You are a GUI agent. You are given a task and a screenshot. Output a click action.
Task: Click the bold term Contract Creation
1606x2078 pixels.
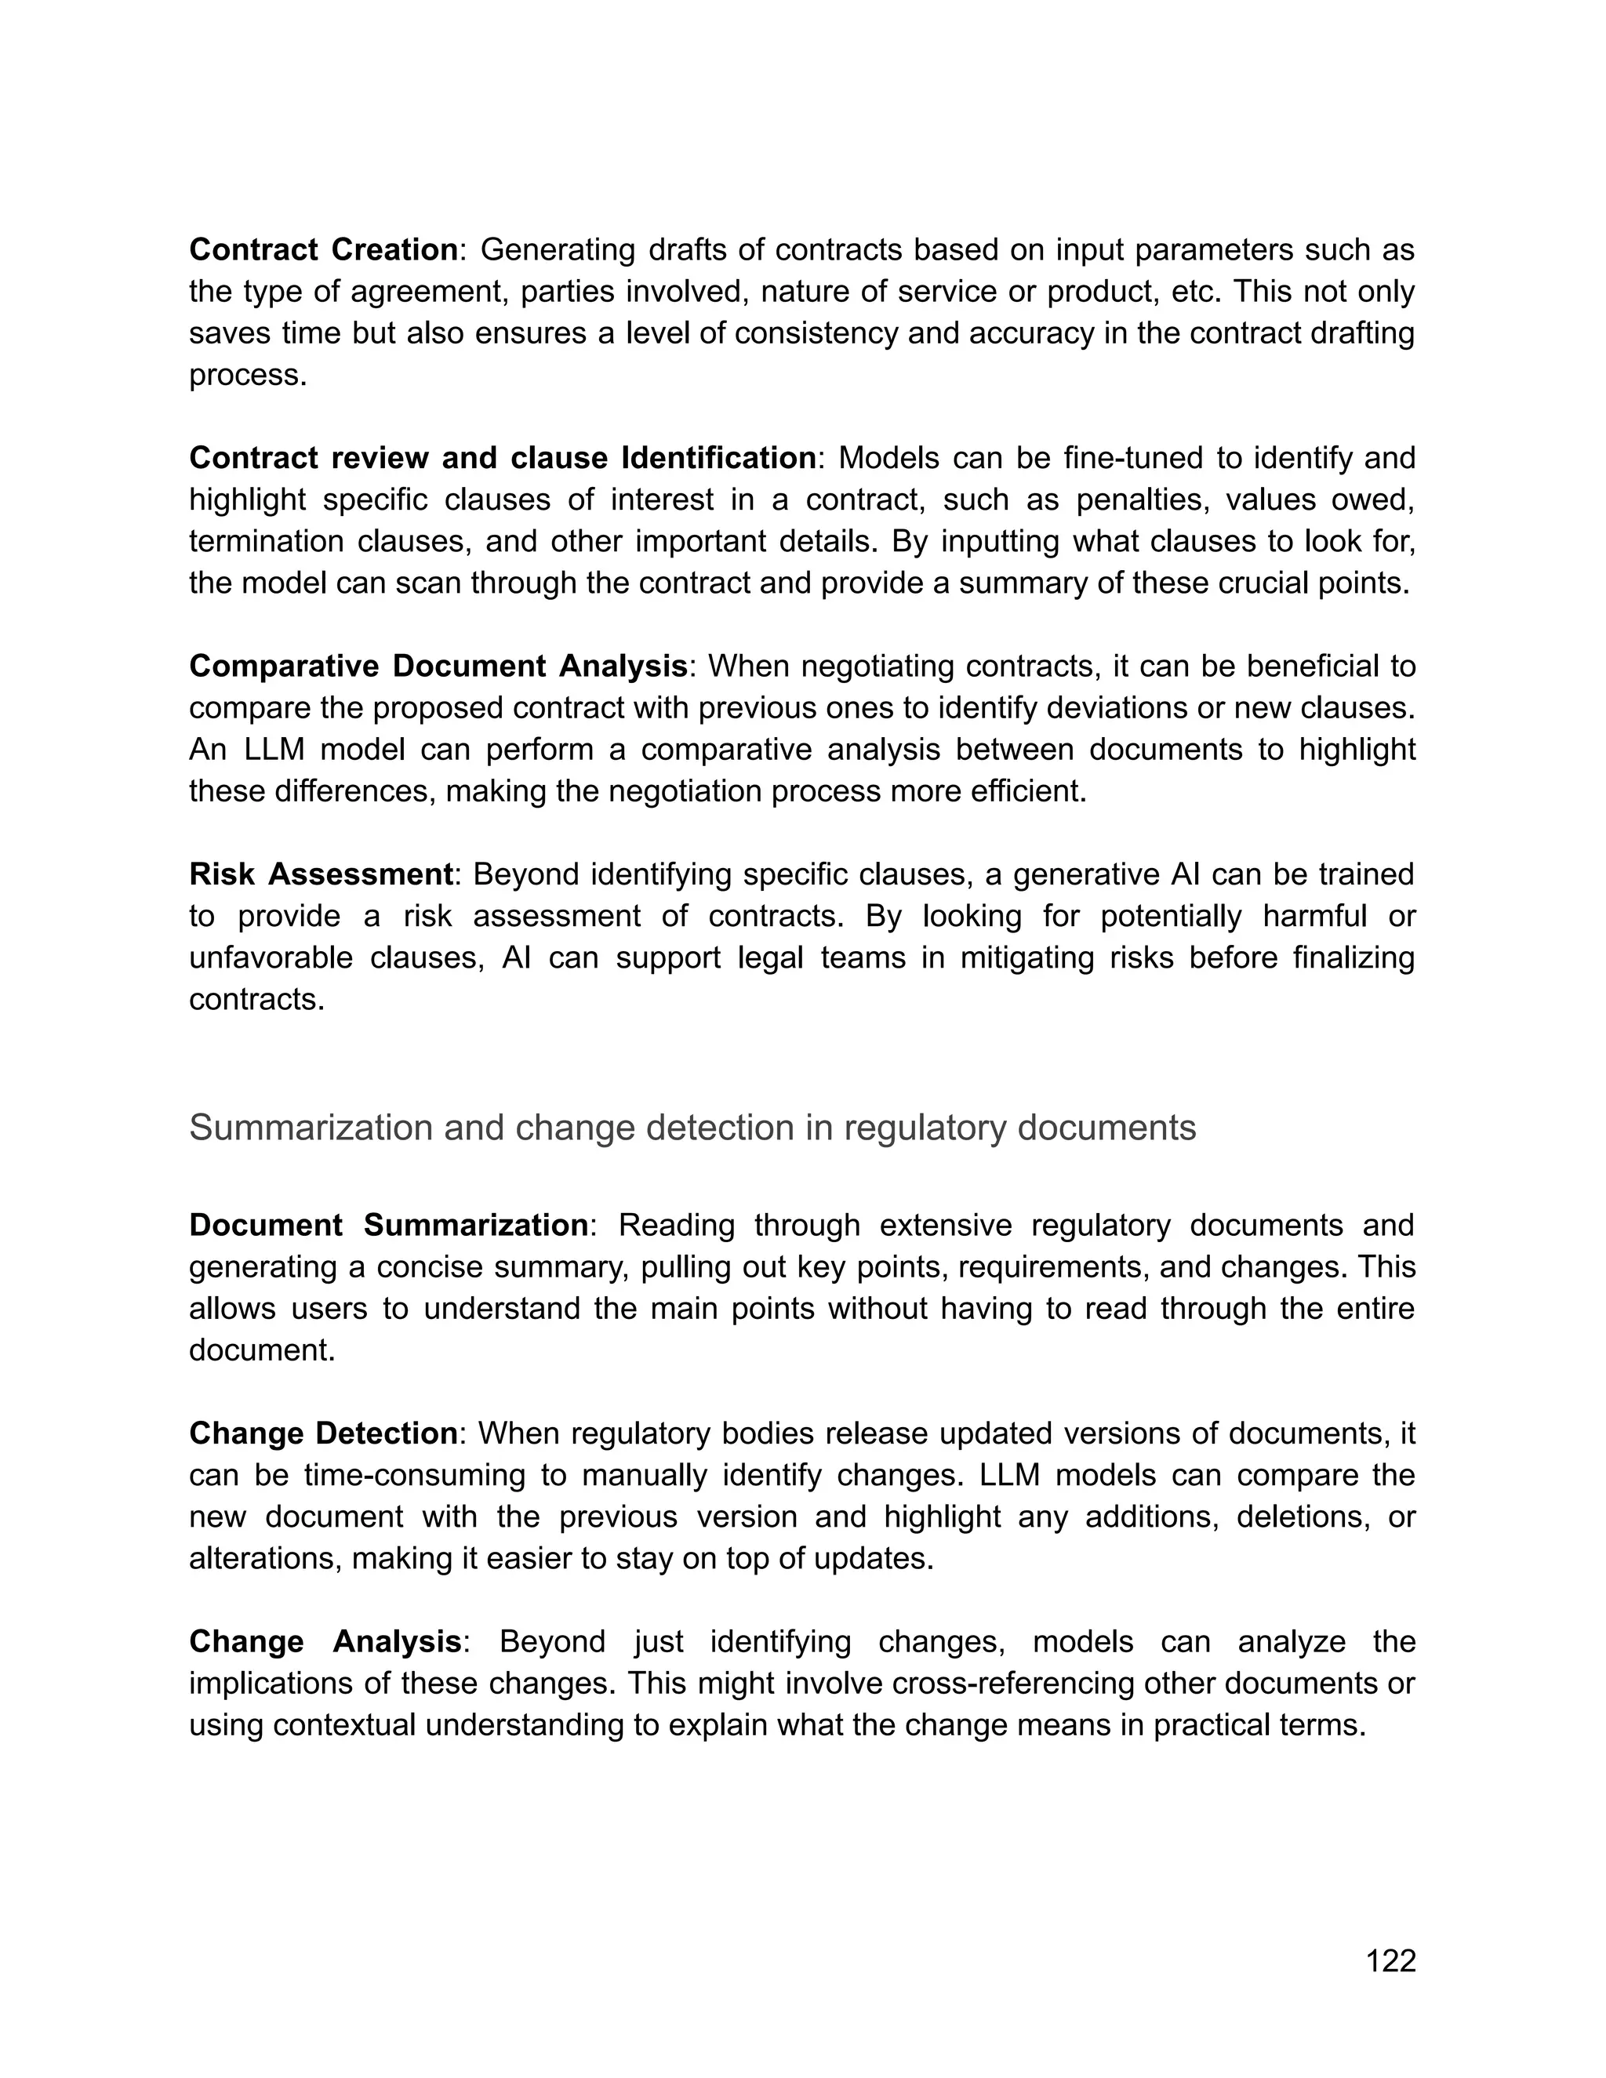point(324,249)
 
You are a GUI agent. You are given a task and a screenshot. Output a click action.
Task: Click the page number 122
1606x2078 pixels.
point(1390,1961)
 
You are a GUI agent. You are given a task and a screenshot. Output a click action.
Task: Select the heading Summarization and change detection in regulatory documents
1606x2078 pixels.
point(692,1128)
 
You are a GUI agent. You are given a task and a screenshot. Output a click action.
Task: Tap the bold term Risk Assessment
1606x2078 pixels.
point(321,874)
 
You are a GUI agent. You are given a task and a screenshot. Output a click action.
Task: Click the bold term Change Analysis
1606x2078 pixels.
point(325,1641)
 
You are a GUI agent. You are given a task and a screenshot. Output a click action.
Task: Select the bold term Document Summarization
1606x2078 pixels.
point(388,1225)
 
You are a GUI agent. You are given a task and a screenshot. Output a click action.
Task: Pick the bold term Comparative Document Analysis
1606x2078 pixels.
point(438,666)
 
